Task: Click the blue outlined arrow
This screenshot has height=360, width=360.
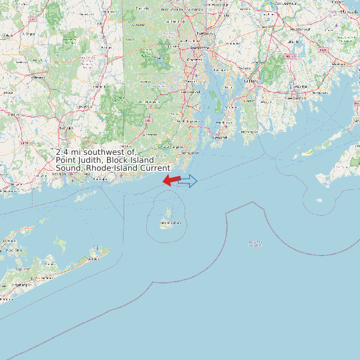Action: pyautogui.click(x=188, y=181)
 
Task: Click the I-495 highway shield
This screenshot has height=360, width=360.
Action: pyautogui.click(x=290, y=56)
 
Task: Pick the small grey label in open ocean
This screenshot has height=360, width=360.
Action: pyautogui.click(x=255, y=244)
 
